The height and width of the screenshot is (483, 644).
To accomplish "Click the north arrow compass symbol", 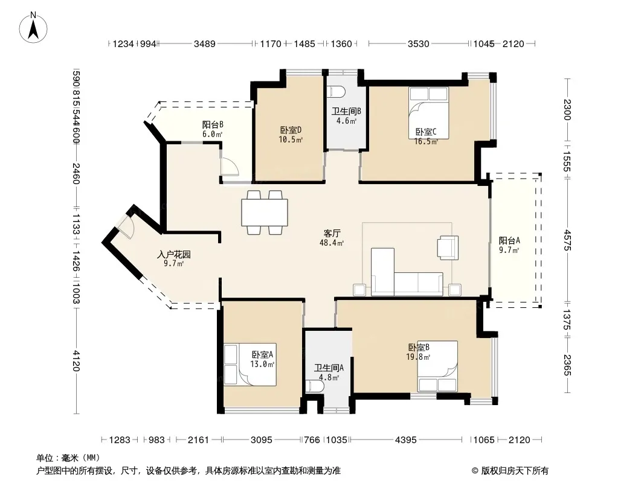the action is (33, 27).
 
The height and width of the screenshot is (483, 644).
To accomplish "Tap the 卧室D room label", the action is (291, 130).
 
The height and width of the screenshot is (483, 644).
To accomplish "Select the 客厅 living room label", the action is (332, 234).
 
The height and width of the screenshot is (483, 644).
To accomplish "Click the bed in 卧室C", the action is (429, 113).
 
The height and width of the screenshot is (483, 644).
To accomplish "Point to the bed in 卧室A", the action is (250, 365).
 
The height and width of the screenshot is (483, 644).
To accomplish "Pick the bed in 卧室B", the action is (437, 366).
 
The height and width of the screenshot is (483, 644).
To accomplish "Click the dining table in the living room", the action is (265, 213).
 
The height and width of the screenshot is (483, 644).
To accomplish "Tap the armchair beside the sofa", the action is (448, 248).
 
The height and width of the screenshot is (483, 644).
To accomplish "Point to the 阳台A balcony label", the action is (509, 240).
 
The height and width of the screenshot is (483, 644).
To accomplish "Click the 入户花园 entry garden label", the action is (174, 254).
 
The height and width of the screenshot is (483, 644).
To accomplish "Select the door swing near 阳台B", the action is (229, 167).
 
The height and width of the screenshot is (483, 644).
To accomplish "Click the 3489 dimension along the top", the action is (205, 43).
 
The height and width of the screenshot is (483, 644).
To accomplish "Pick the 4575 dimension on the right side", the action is (567, 240).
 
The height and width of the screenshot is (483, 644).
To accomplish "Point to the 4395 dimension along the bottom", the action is (406, 440).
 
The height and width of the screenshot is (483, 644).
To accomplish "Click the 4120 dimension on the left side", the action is (76, 360).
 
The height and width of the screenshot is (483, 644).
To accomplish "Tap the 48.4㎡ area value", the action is (332, 243).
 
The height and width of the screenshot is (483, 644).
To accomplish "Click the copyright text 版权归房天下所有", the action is (515, 471).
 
